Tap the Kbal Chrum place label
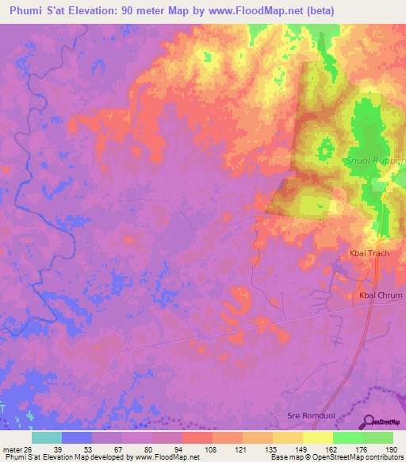click(381, 295)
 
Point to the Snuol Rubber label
click(374, 160)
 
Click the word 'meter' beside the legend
click(8, 449)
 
